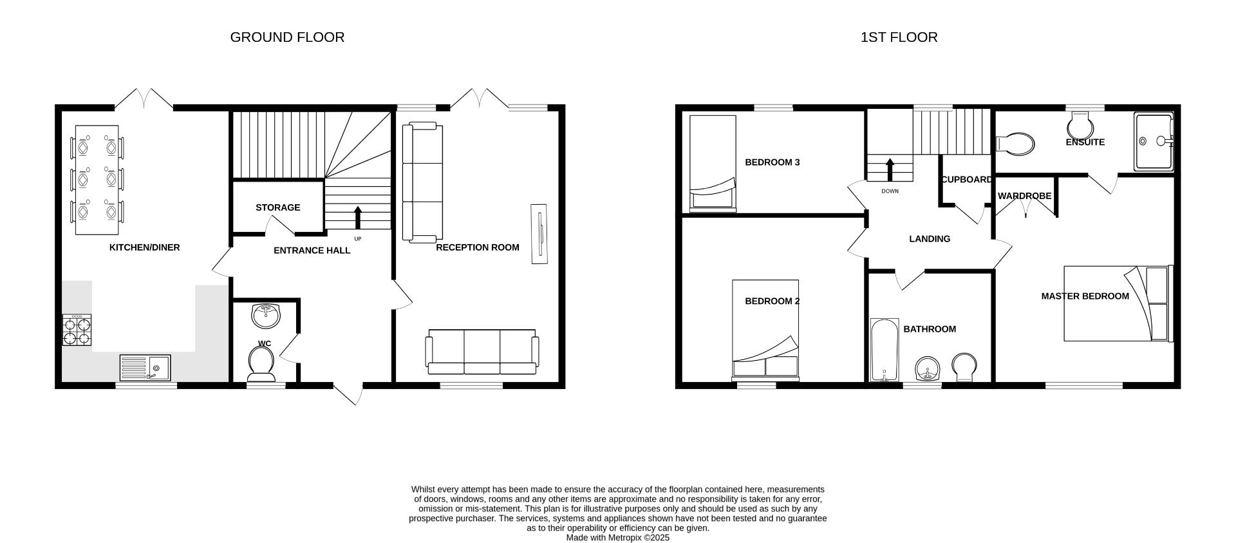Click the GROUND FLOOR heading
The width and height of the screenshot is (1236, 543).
(287, 37)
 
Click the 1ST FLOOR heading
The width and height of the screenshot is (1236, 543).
(899, 37)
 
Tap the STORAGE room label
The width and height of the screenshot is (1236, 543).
(277, 207)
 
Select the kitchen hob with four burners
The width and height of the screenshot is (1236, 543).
(77, 330)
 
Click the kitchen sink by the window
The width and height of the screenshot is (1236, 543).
(145, 367)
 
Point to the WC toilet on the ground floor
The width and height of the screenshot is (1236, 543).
(261, 365)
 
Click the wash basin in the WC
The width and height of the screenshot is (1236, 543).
(265, 315)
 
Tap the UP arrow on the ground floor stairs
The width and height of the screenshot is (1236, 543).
(358, 217)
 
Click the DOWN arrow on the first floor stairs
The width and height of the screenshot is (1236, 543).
(890, 170)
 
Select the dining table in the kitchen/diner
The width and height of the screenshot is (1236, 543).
(97, 180)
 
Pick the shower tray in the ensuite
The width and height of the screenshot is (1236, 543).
(1154, 142)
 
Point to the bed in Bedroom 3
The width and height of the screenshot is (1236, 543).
(713, 164)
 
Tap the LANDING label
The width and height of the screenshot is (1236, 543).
(929, 239)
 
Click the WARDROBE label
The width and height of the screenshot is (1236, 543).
(1024, 196)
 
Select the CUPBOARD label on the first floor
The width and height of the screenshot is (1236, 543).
(966, 180)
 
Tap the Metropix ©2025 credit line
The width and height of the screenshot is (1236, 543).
(617, 537)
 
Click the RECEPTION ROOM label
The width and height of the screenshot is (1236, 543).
(477, 247)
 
